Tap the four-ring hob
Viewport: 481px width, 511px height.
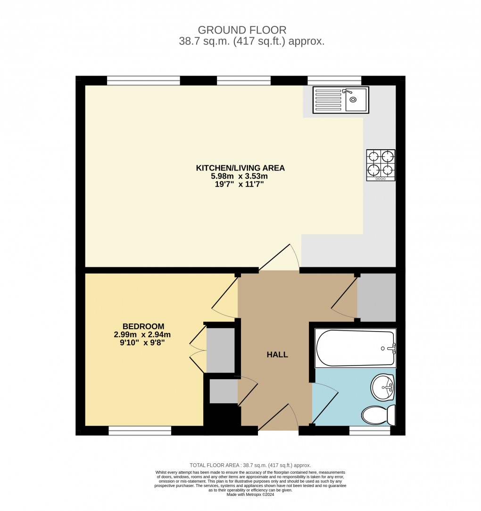[x=381, y=165]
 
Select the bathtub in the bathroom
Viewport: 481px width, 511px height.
[x=355, y=349]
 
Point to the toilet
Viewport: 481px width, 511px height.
[x=378, y=415]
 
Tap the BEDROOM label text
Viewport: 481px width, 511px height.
[x=143, y=326]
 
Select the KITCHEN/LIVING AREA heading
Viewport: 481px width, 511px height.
[x=240, y=168]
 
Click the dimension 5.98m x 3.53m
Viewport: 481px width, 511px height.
[x=240, y=176]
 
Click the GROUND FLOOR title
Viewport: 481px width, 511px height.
[x=242, y=31]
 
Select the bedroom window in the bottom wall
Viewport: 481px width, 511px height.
[x=140, y=430]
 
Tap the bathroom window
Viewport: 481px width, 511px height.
[x=369, y=430]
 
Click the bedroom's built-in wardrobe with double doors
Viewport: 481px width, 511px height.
[x=220, y=350]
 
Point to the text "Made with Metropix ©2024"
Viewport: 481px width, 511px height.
[x=250, y=494]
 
